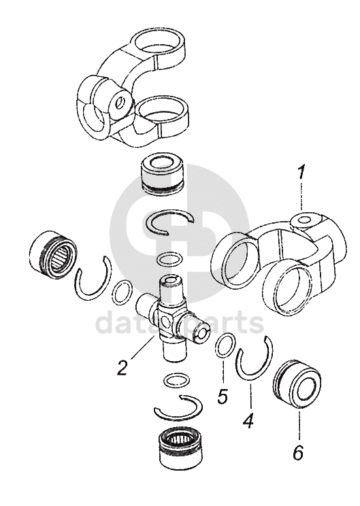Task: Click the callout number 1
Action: click(x=301, y=173)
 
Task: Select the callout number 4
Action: click(x=248, y=421)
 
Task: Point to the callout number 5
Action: click(x=223, y=397)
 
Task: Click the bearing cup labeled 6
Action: click(x=297, y=386)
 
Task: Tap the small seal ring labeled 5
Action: click(x=225, y=345)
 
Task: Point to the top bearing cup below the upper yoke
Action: click(x=163, y=177)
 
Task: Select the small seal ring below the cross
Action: click(x=177, y=379)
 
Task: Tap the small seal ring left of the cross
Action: click(x=122, y=292)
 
